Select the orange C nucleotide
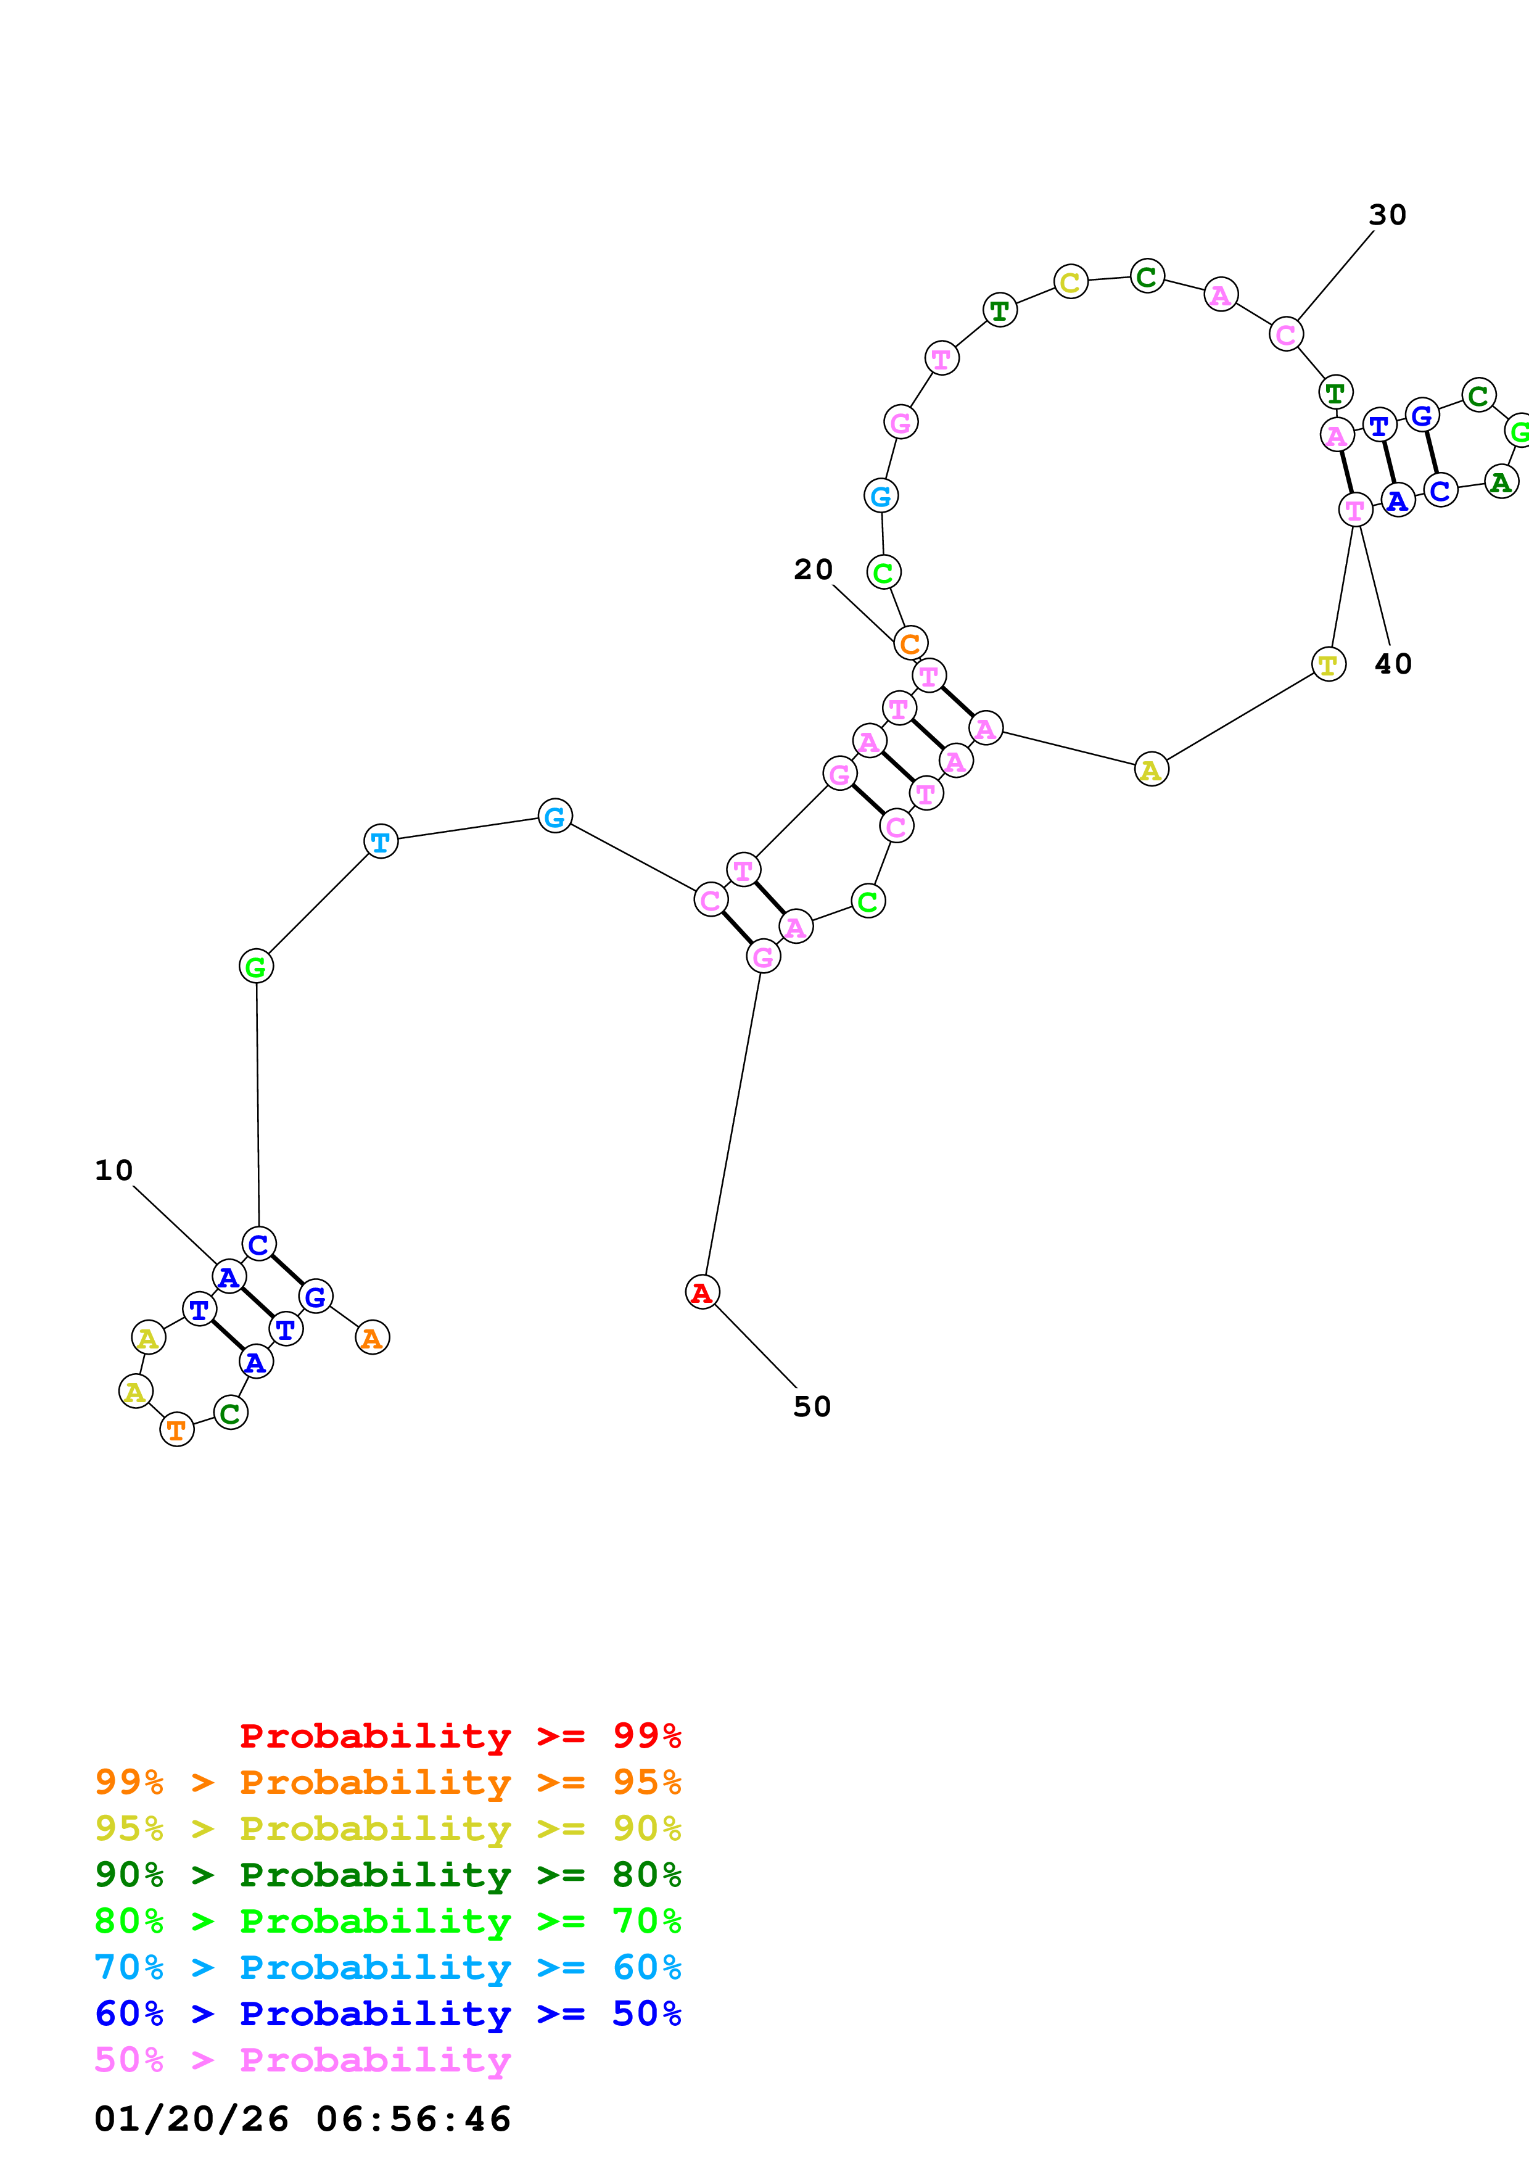point(910,644)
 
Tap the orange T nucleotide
point(177,1430)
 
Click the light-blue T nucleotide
point(381,841)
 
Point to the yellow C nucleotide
point(1070,282)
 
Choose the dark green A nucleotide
point(1501,482)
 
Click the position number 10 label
point(114,1171)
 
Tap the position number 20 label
point(813,569)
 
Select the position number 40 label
point(1393,664)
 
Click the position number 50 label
point(812,1407)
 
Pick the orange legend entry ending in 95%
point(388,1782)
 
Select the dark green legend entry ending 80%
point(388,1875)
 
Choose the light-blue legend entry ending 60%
point(388,1967)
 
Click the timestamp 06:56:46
point(414,2119)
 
